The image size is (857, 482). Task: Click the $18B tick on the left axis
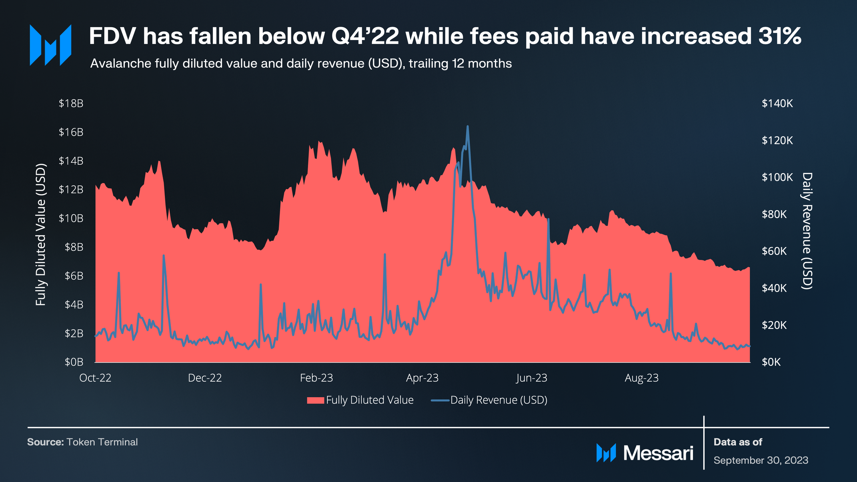pos(71,104)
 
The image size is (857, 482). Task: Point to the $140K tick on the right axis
pos(777,104)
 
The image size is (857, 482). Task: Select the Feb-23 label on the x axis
pos(316,378)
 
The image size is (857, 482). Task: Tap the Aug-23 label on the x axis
pos(641,378)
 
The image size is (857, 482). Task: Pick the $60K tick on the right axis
pos(774,251)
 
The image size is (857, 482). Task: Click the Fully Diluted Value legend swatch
pos(315,400)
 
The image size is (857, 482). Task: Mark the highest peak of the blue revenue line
pos(467,126)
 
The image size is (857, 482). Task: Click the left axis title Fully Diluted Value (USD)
pos(41,235)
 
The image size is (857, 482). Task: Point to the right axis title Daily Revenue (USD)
pos(807,231)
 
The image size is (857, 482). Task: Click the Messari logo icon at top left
pos(50,45)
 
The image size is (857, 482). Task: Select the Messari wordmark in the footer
pos(658,453)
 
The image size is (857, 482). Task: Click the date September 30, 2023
pos(761,460)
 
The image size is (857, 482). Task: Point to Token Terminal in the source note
pos(102,442)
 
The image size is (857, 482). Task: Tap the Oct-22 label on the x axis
pos(95,378)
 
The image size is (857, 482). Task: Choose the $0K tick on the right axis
pos(771,362)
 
